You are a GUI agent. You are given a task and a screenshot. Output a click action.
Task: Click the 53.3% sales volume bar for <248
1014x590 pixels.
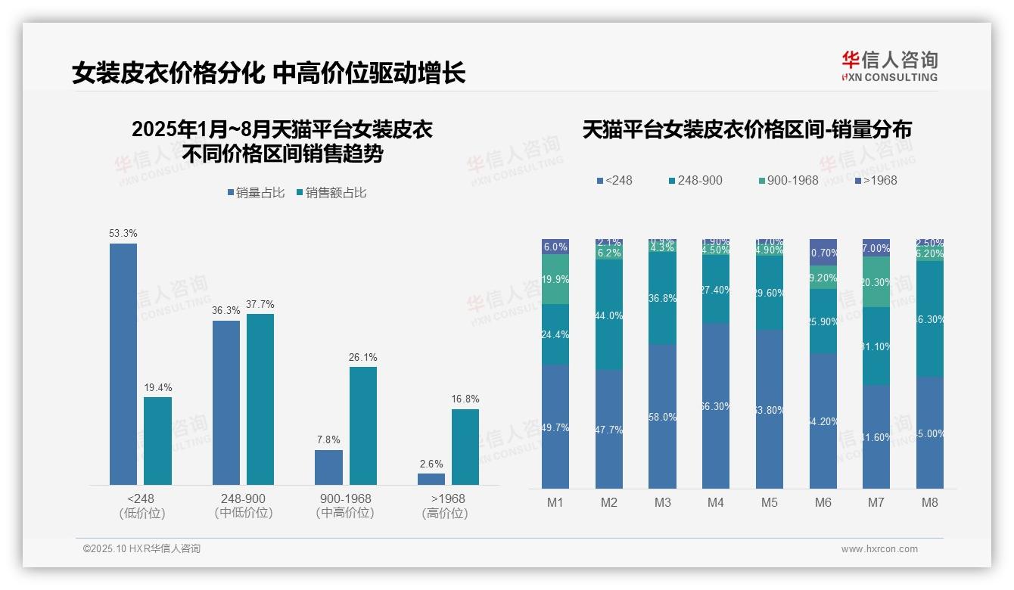(x=123, y=364)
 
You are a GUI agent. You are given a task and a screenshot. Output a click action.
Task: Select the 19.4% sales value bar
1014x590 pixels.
(x=157, y=441)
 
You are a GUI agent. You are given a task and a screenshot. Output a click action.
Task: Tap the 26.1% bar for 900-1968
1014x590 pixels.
(x=362, y=426)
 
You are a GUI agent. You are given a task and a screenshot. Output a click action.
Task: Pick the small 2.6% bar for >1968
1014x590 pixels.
(x=431, y=479)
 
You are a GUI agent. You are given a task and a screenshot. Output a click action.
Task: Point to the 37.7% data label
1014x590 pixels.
(x=260, y=304)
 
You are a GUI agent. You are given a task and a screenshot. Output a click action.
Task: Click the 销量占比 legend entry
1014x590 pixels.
(x=256, y=193)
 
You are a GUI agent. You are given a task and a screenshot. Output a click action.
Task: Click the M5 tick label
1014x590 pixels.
(x=770, y=502)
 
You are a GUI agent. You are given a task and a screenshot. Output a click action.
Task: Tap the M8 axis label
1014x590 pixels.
(x=930, y=502)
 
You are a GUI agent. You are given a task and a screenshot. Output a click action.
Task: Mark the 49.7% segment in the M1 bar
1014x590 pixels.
(x=555, y=427)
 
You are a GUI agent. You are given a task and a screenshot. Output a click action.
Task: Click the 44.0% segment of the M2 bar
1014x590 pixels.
(x=609, y=315)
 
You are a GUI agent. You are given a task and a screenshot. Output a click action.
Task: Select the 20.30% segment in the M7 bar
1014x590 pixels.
(x=876, y=282)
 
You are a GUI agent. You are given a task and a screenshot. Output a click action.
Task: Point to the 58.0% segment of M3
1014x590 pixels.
(x=663, y=417)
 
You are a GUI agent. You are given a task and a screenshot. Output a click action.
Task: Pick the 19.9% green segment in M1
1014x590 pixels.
(x=555, y=279)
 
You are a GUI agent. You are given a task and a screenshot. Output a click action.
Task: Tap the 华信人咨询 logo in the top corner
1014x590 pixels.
(x=889, y=66)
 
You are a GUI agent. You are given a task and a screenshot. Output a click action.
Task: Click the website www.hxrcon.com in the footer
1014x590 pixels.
(x=879, y=549)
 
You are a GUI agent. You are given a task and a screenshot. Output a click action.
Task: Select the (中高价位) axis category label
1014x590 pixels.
(x=345, y=513)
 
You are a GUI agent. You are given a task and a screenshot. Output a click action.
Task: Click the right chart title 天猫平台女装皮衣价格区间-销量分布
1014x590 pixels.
(x=747, y=129)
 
